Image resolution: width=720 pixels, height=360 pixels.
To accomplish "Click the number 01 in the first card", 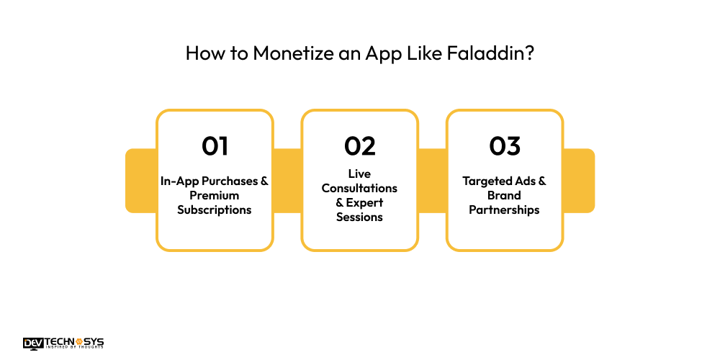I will pyautogui.click(x=215, y=146).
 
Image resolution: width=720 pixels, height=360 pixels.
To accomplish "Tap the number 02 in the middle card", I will pyautogui.click(x=360, y=146).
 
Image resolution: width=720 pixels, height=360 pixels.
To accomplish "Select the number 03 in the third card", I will pyautogui.click(x=505, y=146).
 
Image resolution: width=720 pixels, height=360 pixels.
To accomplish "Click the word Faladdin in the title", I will pyautogui.click(x=493, y=54).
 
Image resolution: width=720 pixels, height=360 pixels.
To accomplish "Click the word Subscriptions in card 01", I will pyautogui.click(x=215, y=210).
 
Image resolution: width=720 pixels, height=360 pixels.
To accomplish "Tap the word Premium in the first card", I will pyautogui.click(x=215, y=195).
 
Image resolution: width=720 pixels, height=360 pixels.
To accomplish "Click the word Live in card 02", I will pyautogui.click(x=360, y=174).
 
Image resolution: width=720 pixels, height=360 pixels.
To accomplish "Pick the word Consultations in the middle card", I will pyautogui.click(x=360, y=188).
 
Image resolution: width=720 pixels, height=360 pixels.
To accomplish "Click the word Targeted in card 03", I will pyautogui.click(x=485, y=181).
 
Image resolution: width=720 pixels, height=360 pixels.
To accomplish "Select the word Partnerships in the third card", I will pyautogui.click(x=505, y=210).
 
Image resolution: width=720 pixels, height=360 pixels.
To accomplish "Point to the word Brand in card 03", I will pyautogui.click(x=505, y=195).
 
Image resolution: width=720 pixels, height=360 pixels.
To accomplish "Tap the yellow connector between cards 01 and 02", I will pyautogui.click(x=287, y=181).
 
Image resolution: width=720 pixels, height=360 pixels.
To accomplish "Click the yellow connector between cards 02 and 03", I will pyautogui.click(x=432, y=181).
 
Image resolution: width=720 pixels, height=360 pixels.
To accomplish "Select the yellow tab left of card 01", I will pyautogui.click(x=140, y=181).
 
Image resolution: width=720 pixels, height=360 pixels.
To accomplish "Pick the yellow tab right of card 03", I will pyautogui.click(x=580, y=181).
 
